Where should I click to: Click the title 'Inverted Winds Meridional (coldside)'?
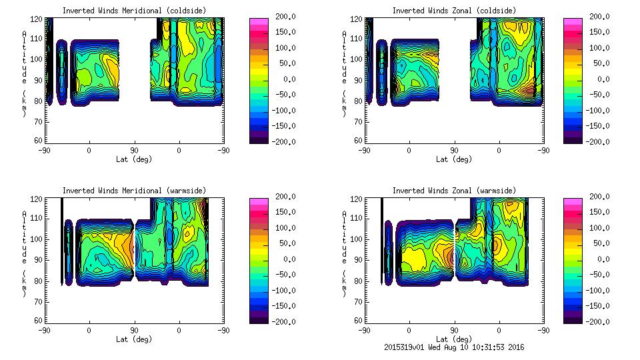(134, 11)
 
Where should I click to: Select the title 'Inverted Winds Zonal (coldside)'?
(453, 11)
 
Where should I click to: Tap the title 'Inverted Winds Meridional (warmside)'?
(134, 191)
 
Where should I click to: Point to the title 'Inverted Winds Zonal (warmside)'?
(453, 191)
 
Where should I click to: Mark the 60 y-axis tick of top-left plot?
(38, 141)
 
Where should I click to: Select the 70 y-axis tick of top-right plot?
(357, 122)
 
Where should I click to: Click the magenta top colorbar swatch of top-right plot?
(571, 23)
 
